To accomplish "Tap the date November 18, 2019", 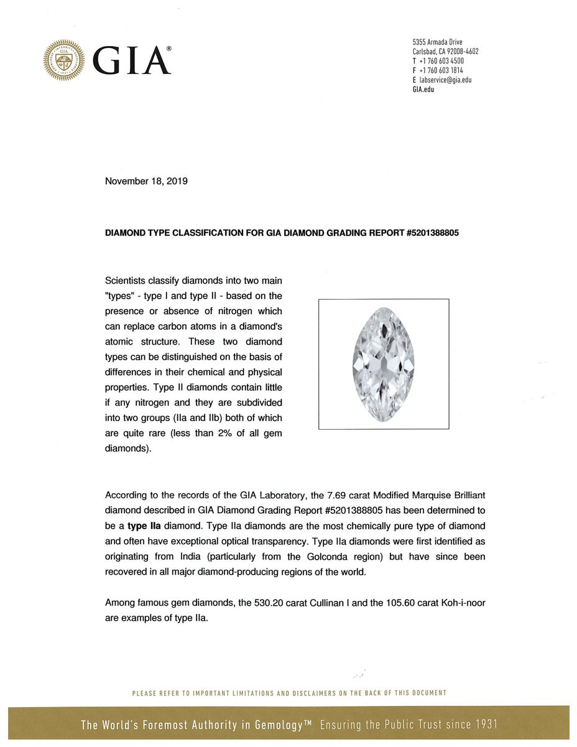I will (x=146, y=182).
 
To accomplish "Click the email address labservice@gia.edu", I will (x=445, y=80).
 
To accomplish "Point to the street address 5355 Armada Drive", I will (x=437, y=42).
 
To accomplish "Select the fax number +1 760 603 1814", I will (x=441, y=70).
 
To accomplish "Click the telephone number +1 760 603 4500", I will (x=441, y=61).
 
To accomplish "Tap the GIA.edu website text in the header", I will (x=423, y=89).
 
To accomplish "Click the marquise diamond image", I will (x=383, y=364).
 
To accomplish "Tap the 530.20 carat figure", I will (x=266, y=603).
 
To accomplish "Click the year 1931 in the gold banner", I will (x=485, y=725).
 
